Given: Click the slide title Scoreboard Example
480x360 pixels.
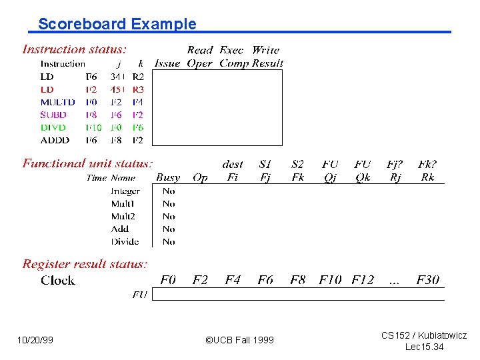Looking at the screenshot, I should (117, 25).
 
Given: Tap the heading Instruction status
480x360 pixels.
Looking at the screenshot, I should (75, 49).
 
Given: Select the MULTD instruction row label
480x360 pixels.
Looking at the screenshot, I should (57, 103).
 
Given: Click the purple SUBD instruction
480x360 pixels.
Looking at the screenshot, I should (53, 115).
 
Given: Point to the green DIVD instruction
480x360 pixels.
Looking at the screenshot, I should (53, 127).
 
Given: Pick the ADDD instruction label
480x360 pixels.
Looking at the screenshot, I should (54, 141).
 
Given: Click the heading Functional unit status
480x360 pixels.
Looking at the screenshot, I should (87, 163).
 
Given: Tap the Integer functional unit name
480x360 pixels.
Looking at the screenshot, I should (125, 191).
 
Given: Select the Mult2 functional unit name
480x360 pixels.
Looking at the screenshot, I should (123, 217).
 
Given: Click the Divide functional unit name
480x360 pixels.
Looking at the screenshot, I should (125, 242).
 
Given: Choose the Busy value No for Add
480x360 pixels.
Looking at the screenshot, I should (169, 229).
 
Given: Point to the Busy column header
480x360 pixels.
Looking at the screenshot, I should (168, 177).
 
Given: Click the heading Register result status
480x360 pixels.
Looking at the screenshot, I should (85, 264).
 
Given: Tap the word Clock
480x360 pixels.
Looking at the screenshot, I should (58, 280).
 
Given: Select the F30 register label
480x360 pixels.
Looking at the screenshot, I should (428, 280).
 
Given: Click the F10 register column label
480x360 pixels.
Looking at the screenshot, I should (330, 280).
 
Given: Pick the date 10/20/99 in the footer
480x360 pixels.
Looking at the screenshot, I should (35, 340).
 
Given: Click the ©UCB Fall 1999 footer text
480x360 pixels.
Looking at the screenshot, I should (239, 340).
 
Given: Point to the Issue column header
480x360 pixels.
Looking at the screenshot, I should (167, 64).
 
